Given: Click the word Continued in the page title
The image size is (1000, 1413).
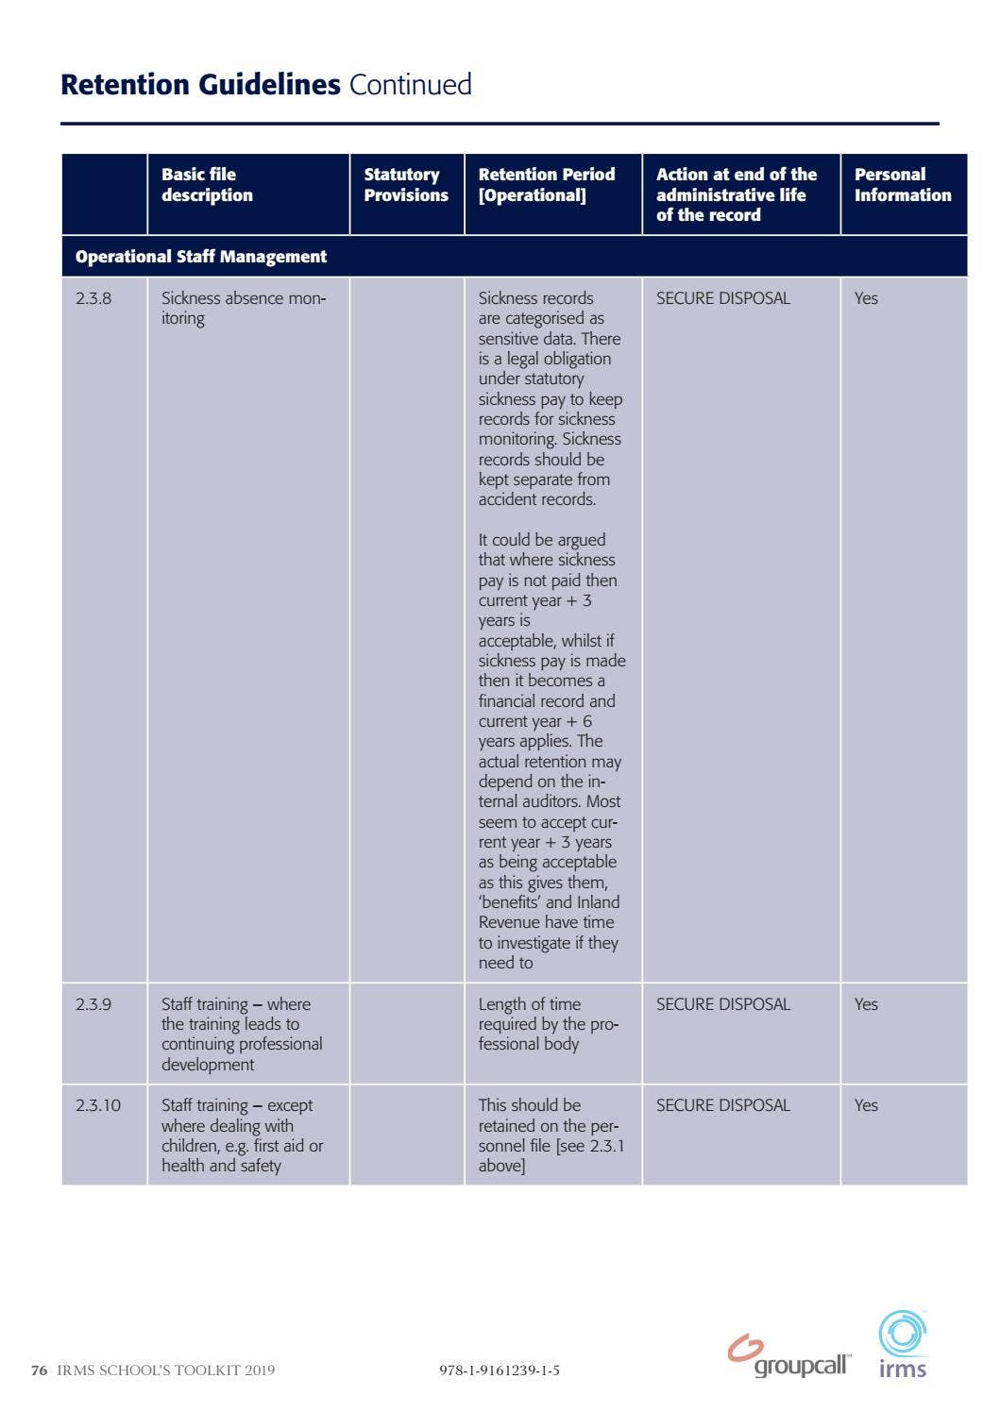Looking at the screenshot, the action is coord(410,85).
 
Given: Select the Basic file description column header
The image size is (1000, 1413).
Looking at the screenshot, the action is coord(207,185).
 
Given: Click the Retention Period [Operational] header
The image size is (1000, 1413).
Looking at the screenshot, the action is coord(546,185).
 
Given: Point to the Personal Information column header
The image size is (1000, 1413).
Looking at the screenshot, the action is coord(902,185).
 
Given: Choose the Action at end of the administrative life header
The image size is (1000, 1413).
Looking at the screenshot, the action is coord(736,194).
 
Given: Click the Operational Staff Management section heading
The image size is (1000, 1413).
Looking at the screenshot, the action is coord(201,257).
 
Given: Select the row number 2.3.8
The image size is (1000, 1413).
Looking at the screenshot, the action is coord(93,298).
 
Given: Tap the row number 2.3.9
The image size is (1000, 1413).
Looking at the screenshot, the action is coord(93,1004).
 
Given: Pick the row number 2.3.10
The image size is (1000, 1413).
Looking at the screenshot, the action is coord(98,1105).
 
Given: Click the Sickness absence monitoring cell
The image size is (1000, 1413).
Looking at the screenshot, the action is coord(243,308).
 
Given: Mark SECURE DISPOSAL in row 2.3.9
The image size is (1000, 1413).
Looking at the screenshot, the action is coord(722,1004).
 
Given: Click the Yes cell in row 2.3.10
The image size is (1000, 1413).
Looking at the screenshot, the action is coord(866,1105).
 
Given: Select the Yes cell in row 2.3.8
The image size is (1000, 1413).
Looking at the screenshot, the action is coord(866,298).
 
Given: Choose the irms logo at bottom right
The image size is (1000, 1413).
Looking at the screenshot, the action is coord(903,1345).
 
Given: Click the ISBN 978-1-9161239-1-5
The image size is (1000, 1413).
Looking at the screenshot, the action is coord(499,1371).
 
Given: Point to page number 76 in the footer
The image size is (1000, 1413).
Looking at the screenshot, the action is coord(39,1371).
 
